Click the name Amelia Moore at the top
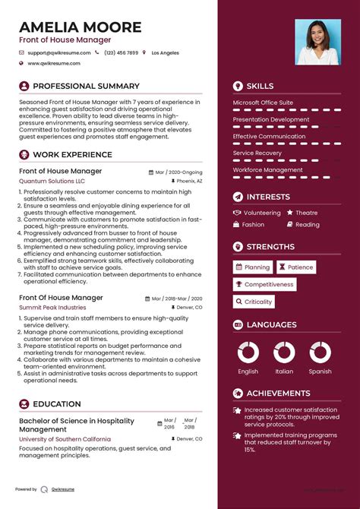pyautogui.click(x=81, y=27)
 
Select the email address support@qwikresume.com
pyautogui.click(x=58, y=53)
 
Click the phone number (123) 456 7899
pyautogui.click(x=121, y=53)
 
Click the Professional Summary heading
pyautogui.click(x=86, y=87)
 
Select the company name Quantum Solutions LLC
pyautogui.click(x=52, y=182)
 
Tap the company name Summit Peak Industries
pyautogui.click(x=52, y=307)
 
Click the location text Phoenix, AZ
pyautogui.click(x=189, y=182)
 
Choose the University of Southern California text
pyautogui.click(x=65, y=439)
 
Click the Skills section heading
pyautogui.click(x=260, y=87)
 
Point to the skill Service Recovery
pyautogui.click(x=257, y=153)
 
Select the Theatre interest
pyautogui.click(x=306, y=213)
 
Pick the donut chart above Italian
pyautogui.click(x=284, y=353)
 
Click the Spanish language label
pyautogui.click(x=320, y=371)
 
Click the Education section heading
pyautogui.click(x=57, y=404)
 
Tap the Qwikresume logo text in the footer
pyautogui.click(x=65, y=490)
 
